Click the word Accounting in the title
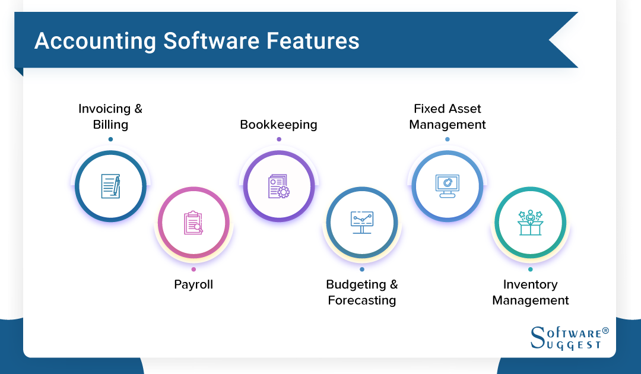point(95,42)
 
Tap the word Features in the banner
point(313,41)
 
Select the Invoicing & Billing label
point(110,116)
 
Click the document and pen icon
point(111,186)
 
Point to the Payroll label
point(193,284)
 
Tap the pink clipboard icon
point(193,223)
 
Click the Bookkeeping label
point(278,125)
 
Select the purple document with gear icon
point(279,186)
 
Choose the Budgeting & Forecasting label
point(362,292)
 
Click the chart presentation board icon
point(362,223)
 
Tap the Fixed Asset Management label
point(448,116)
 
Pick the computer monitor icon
point(448,186)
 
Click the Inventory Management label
point(530,292)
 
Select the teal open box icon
point(530,223)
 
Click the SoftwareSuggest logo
point(569,338)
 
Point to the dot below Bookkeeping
point(279,140)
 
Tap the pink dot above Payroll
point(193,270)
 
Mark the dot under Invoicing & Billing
point(110,140)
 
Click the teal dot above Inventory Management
point(530,270)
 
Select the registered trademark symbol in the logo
point(605,331)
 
